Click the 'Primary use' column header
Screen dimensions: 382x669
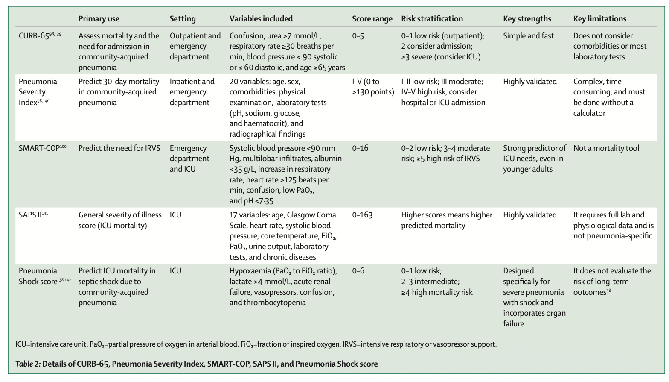coord(99,19)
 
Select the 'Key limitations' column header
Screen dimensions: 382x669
coord(599,19)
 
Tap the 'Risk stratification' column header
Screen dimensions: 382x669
coord(432,19)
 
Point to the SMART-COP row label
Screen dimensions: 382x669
coord(39,148)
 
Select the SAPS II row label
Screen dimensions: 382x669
coord(30,215)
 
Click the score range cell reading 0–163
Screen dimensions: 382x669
coord(362,215)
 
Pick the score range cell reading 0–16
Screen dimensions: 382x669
coord(360,148)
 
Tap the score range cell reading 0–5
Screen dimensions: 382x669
coord(358,36)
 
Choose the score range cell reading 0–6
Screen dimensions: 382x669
coord(358,271)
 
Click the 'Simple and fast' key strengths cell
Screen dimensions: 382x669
coord(528,36)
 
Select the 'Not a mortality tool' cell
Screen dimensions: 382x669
coord(606,148)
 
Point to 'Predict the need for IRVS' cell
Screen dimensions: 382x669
coord(119,148)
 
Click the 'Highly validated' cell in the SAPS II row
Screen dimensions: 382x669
coord(529,215)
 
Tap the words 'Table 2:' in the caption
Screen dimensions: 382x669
coord(28,364)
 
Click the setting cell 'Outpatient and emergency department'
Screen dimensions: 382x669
coord(195,46)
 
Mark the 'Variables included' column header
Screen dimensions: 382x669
coord(261,19)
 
